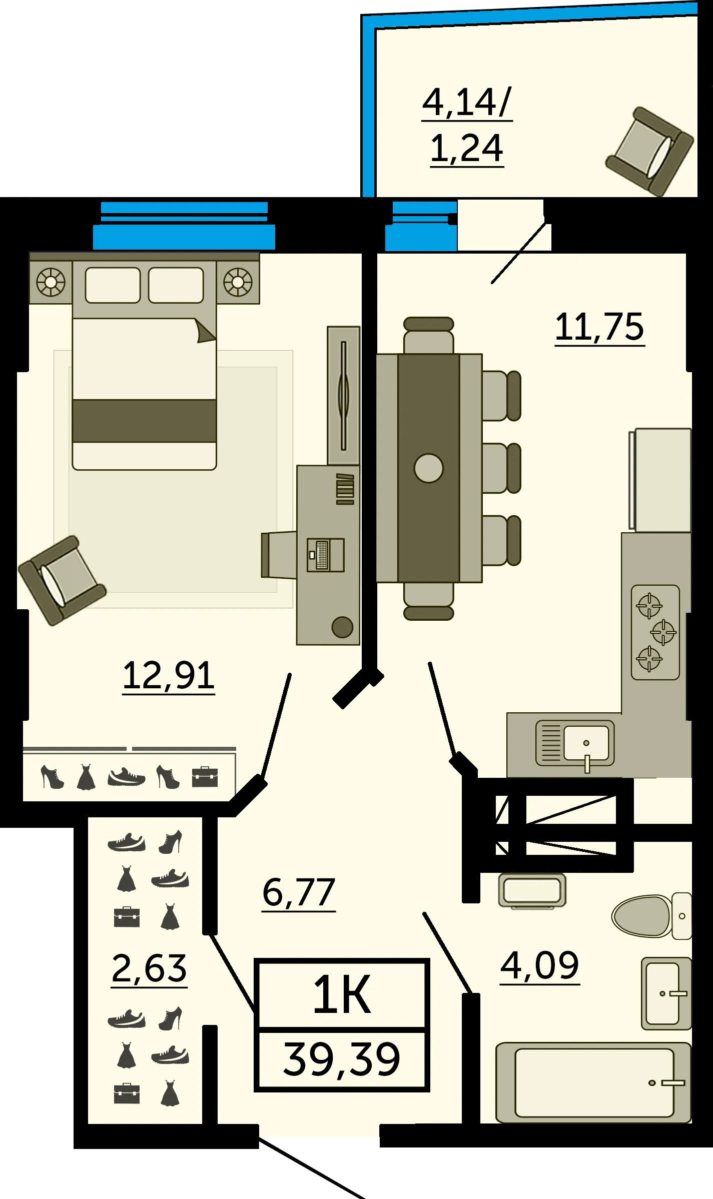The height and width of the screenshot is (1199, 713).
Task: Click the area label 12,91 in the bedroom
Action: click(169, 676)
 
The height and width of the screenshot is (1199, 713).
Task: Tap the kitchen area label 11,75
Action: click(600, 327)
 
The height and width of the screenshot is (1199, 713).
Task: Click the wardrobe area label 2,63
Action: click(149, 968)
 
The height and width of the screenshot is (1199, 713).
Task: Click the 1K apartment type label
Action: click(342, 995)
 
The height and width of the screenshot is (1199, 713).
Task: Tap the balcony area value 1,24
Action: click(467, 149)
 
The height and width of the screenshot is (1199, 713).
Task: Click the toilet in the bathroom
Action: click(651, 916)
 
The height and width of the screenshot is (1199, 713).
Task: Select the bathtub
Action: click(593, 1082)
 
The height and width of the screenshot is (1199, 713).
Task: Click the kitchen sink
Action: click(575, 744)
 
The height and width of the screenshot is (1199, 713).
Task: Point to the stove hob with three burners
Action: click(655, 632)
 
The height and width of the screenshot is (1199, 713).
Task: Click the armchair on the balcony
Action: click(650, 151)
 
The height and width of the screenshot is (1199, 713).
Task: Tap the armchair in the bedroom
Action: click(62, 581)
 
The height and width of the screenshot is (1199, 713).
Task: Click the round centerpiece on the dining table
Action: click(429, 468)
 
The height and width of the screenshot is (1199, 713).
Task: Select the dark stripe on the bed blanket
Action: click(144, 421)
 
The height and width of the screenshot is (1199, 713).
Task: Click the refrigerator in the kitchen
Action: click(660, 480)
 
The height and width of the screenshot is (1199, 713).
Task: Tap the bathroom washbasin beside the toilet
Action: click(666, 993)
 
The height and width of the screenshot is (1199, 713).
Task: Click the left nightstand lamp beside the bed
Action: click(51, 282)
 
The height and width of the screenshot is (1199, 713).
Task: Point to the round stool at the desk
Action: click(342, 627)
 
